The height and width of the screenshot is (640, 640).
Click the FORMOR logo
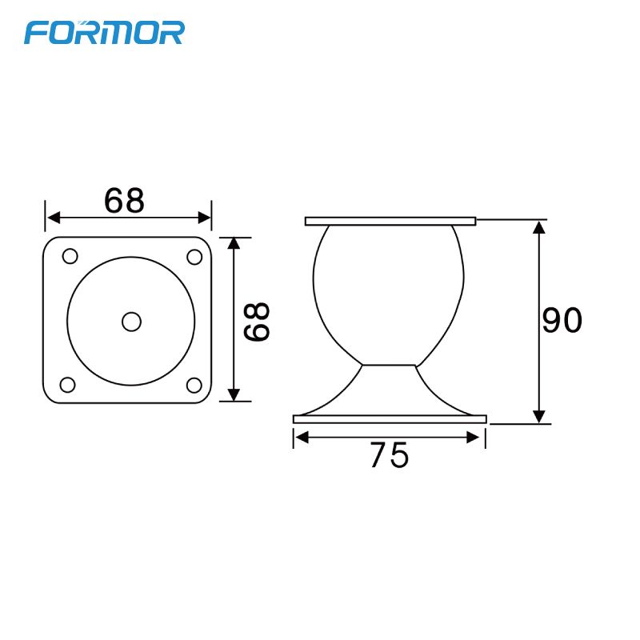click(105, 32)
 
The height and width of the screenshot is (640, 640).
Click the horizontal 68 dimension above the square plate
click(124, 201)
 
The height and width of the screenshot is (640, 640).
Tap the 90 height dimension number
click(562, 321)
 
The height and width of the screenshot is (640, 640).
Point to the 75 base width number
click(389, 456)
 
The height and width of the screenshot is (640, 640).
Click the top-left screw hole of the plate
click(70, 257)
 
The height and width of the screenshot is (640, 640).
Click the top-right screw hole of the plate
click(194, 257)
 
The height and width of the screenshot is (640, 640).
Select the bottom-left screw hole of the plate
click(68, 385)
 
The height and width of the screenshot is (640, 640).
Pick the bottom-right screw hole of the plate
click(194, 385)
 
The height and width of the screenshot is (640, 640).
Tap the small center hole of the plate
click(131, 321)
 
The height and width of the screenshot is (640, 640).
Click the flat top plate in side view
click(390, 221)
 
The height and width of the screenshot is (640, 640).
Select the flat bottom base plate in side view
click(390, 419)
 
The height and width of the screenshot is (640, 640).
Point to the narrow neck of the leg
click(390, 366)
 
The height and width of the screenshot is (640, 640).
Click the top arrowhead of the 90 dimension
click(539, 226)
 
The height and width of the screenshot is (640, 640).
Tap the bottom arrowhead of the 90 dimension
click(539, 416)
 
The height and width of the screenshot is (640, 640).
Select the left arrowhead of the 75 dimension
click(301, 437)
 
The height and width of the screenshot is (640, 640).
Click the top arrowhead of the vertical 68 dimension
click(234, 243)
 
